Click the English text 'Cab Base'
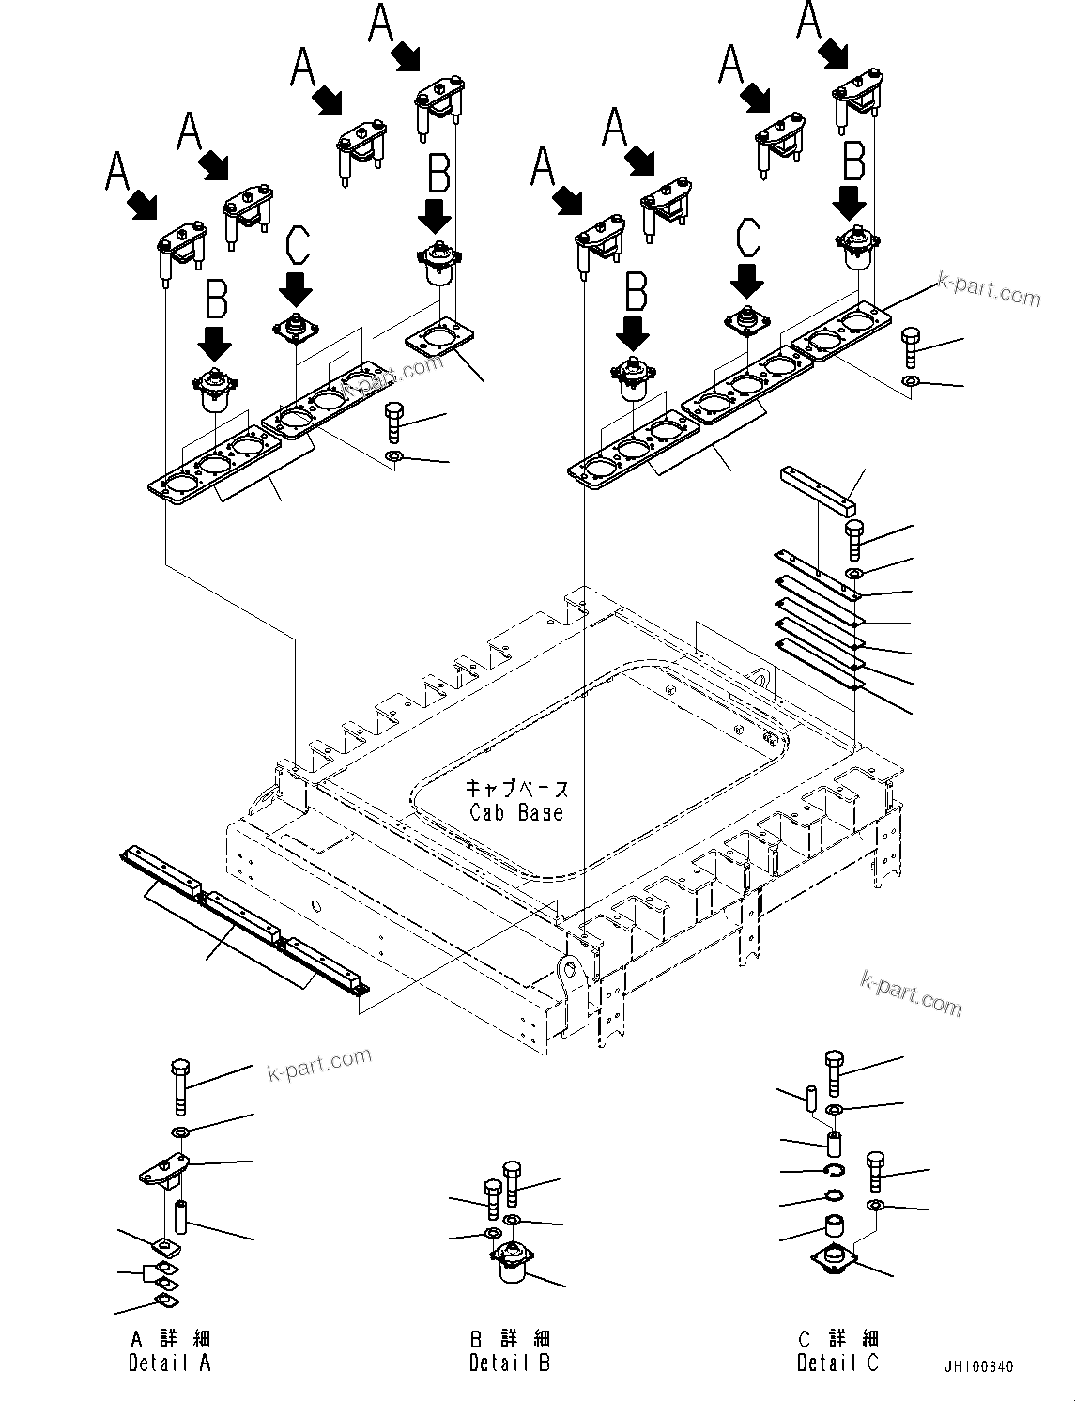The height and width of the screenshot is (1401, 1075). pyautogui.click(x=516, y=812)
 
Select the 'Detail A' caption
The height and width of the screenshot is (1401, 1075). pyautogui.click(x=169, y=1363)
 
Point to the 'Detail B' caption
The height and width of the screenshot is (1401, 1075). pyautogui.click(x=510, y=1363)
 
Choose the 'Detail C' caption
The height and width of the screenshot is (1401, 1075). pyautogui.click(x=837, y=1363)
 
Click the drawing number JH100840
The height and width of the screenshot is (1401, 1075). pyautogui.click(x=979, y=1367)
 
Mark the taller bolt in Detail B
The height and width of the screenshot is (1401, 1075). pyautogui.click(x=512, y=1183)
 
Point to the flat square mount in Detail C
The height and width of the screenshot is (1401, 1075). pyautogui.click(x=834, y=1259)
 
